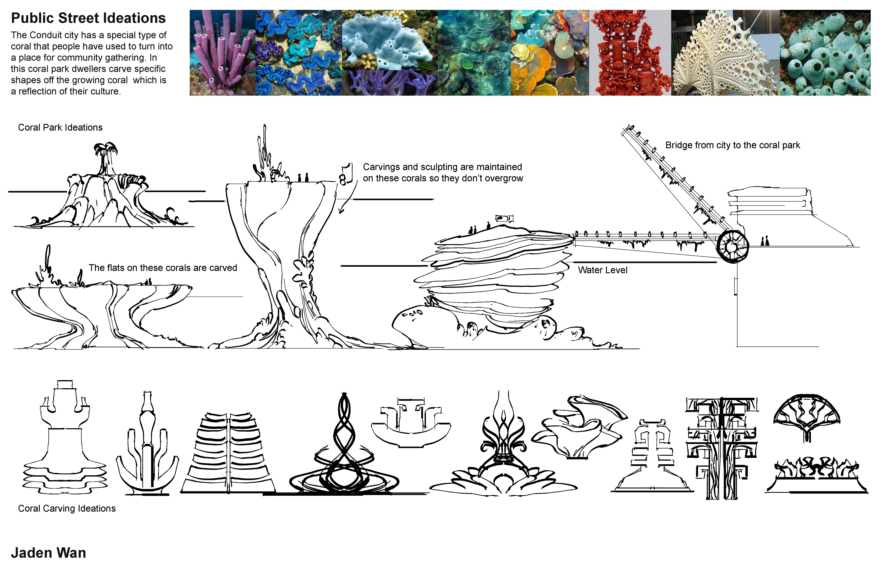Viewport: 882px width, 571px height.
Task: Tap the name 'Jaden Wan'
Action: [49, 553]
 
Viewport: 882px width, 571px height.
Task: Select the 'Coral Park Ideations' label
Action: [60, 128]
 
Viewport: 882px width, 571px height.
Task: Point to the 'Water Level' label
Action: [603, 270]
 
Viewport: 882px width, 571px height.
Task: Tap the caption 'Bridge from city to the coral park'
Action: [733, 145]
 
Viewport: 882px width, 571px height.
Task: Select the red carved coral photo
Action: [630, 53]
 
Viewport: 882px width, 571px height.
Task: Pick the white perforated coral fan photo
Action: [725, 53]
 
